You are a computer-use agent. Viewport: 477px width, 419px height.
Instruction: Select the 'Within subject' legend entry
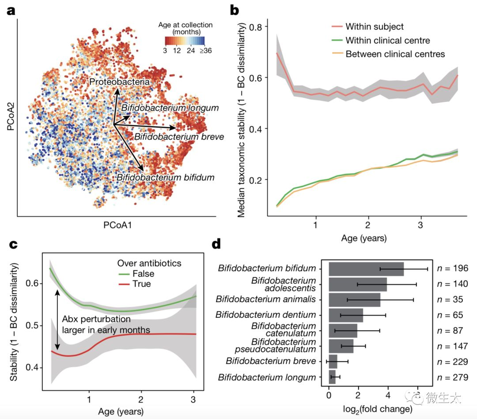pyautogui.click(x=374, y=27)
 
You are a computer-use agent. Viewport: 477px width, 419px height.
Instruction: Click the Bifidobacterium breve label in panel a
pyautogui.click(x=179, y=137)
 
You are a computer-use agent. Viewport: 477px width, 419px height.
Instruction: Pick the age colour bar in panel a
pyautogui.click(x=185, y=41)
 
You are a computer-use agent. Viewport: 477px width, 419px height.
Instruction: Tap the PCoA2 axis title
pyautogui.click(x=10, y=117)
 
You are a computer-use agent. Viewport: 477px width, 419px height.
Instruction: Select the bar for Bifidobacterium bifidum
pyautogui.click(x=366, y=268)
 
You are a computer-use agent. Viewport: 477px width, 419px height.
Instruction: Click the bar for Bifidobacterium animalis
pyautogui.click(x=354, y=299)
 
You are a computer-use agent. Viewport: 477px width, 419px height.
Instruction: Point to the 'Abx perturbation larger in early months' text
pyautogui.click(x=106, y=325)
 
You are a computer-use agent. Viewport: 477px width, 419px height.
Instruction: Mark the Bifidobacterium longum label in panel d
pyautogui.click(x=267, y=377)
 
